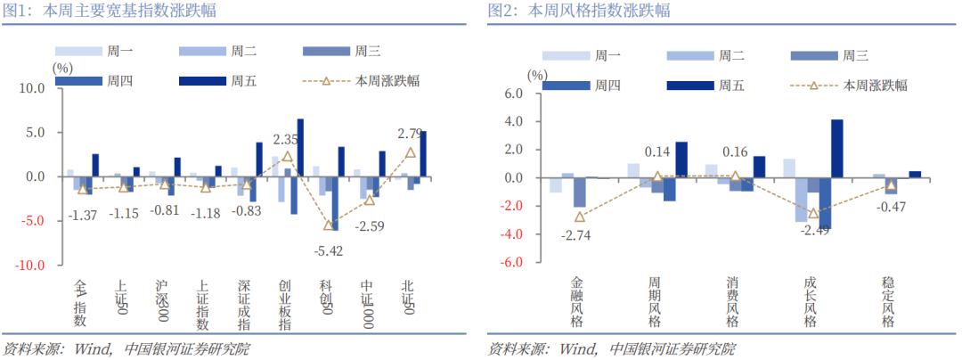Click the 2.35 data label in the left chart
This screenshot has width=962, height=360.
(285, 140)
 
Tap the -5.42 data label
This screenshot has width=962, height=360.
(330, 250)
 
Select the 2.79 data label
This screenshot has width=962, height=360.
(410, 135)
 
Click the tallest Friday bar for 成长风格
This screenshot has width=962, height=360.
(836, 149)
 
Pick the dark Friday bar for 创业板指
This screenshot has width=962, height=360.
(300, 147)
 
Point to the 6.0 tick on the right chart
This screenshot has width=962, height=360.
(514, 94)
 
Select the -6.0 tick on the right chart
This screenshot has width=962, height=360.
(512, 263)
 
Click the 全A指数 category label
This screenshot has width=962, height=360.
(80, 303)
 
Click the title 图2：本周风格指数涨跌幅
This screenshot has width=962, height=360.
(579, 11)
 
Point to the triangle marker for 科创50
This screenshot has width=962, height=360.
(329, 225)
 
